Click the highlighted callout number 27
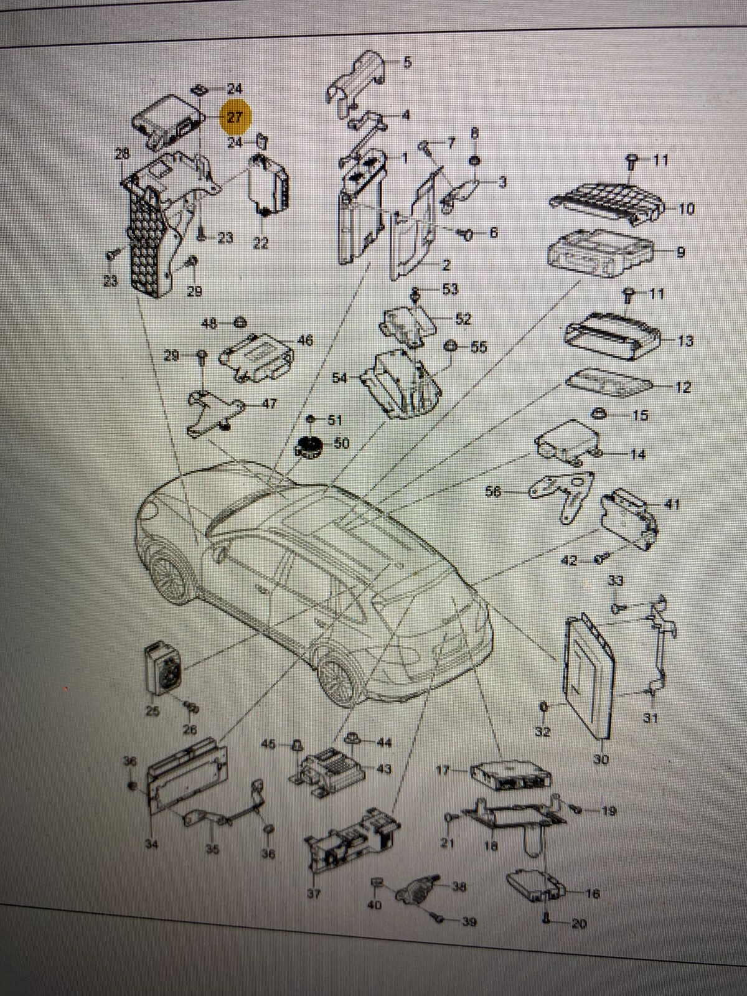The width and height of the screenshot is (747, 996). (x=235, y=116)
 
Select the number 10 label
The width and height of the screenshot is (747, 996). (x=685, y=209)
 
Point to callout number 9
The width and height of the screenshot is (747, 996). (x=680, y=252)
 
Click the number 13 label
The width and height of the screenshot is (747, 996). (x=685, y=341)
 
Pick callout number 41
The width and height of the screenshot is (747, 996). (x=672, y=505)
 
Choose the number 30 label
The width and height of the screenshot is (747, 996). (x=601, y=759)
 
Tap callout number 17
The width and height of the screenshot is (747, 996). (x=443, y=770)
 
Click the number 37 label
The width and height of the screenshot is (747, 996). (x=314, y=895)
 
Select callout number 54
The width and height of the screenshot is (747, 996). (x=340, y=378)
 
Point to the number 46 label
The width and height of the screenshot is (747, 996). (x=305, y=341)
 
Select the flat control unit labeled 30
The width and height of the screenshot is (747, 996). (x=588, y=672)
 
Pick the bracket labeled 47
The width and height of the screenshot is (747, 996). (x=212, y=411)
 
